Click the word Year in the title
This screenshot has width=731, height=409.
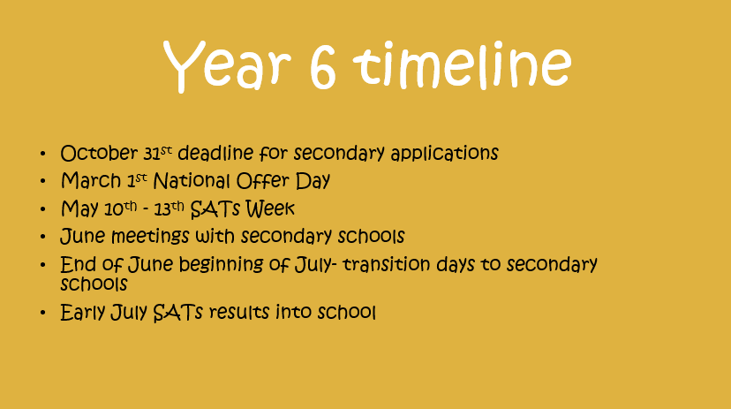[227, 65]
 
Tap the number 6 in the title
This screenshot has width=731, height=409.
[322, 65]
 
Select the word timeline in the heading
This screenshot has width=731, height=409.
[462, 64]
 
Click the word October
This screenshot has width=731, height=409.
[99, 153]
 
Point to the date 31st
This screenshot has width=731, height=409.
[157, 153]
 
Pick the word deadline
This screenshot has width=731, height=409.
[215, 153]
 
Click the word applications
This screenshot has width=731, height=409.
[444, 154]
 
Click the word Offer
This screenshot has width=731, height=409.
[263, 180]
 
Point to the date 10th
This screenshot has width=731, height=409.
[120, 208]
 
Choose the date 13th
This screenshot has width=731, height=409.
[170, 208]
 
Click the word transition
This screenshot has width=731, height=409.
[387, 264]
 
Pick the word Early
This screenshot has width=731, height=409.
[83, 313]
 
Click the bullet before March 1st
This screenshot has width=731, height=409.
[43, 181]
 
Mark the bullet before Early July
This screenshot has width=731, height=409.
[43, 313]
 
